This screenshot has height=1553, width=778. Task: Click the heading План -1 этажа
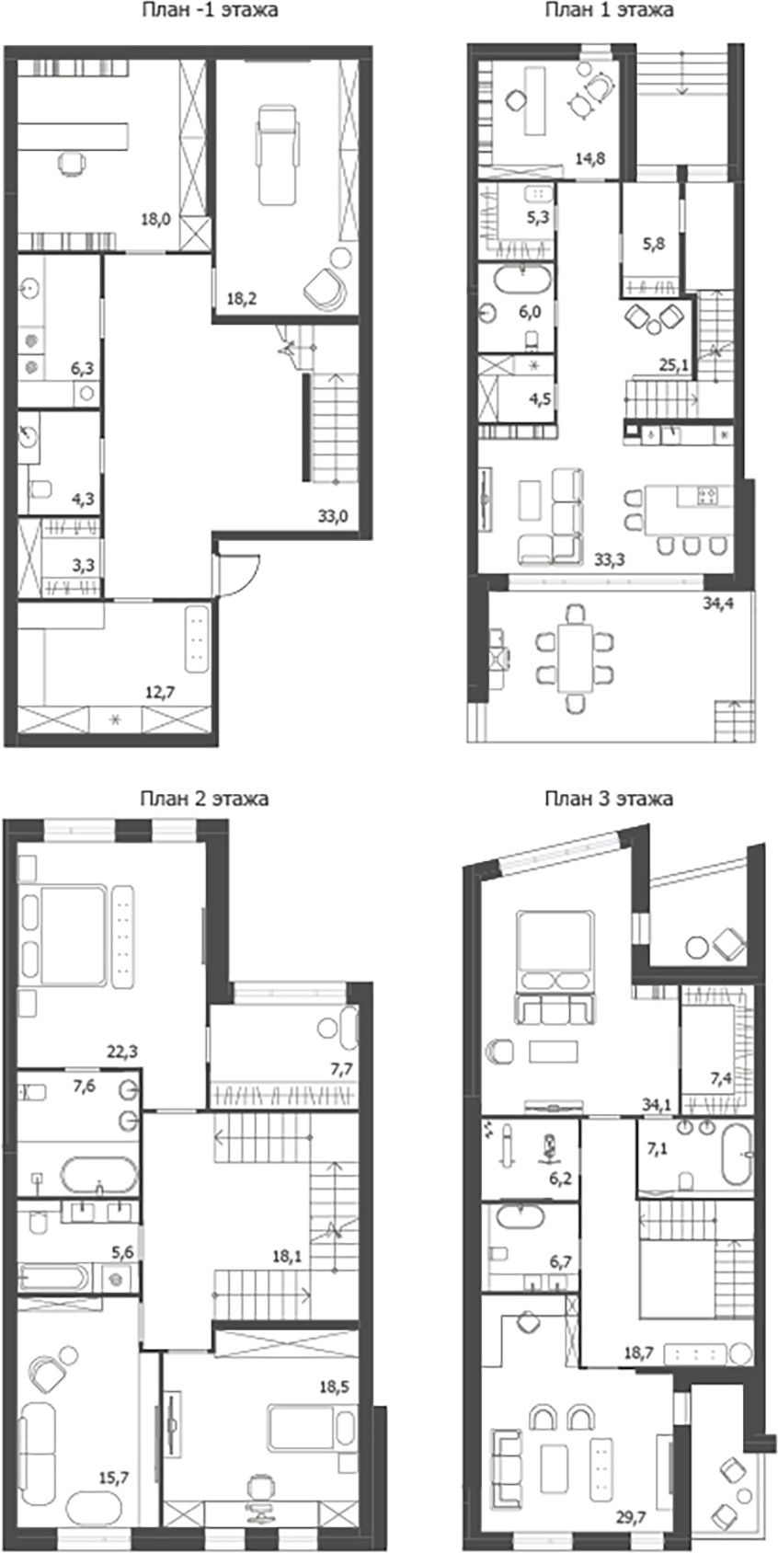click(210, 11)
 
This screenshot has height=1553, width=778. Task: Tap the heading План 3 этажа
click(608, 799)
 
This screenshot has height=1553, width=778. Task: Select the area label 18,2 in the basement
click(242, 298)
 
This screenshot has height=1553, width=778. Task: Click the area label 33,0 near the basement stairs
click(333, 517)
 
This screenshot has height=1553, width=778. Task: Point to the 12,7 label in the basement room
click(160, 693)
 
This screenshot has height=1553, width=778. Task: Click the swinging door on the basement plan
click(237, 576)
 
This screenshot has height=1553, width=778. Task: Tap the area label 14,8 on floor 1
click(589, 158)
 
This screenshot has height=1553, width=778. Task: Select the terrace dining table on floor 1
click(576, 660)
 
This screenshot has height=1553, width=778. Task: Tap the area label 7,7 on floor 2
click(342, 1069)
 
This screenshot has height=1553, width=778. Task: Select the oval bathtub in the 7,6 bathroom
click(99, 1175)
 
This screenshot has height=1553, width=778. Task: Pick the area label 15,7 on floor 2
click(113, 1478)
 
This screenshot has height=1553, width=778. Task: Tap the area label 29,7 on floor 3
click(633, 1516)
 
